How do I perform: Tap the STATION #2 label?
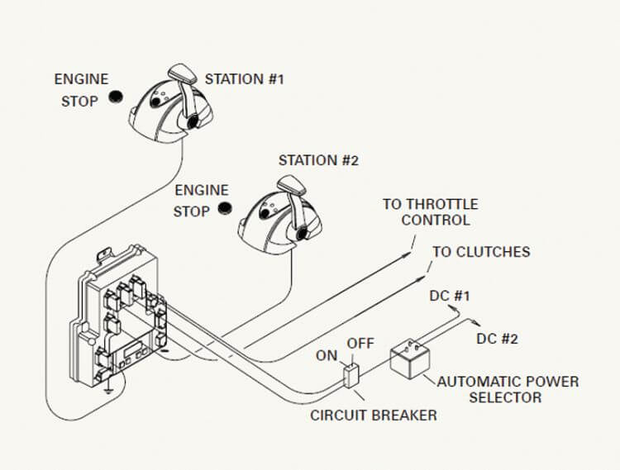point(318,160)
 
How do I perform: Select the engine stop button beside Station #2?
point(224,209)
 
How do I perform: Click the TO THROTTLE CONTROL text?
point(430,212)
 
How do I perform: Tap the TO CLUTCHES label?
point(481,252)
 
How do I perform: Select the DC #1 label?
point(451,295)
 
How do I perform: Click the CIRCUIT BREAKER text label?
point(373,415)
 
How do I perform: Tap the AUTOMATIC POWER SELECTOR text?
point(508,389)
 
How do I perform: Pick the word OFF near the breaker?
point(360,343)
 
